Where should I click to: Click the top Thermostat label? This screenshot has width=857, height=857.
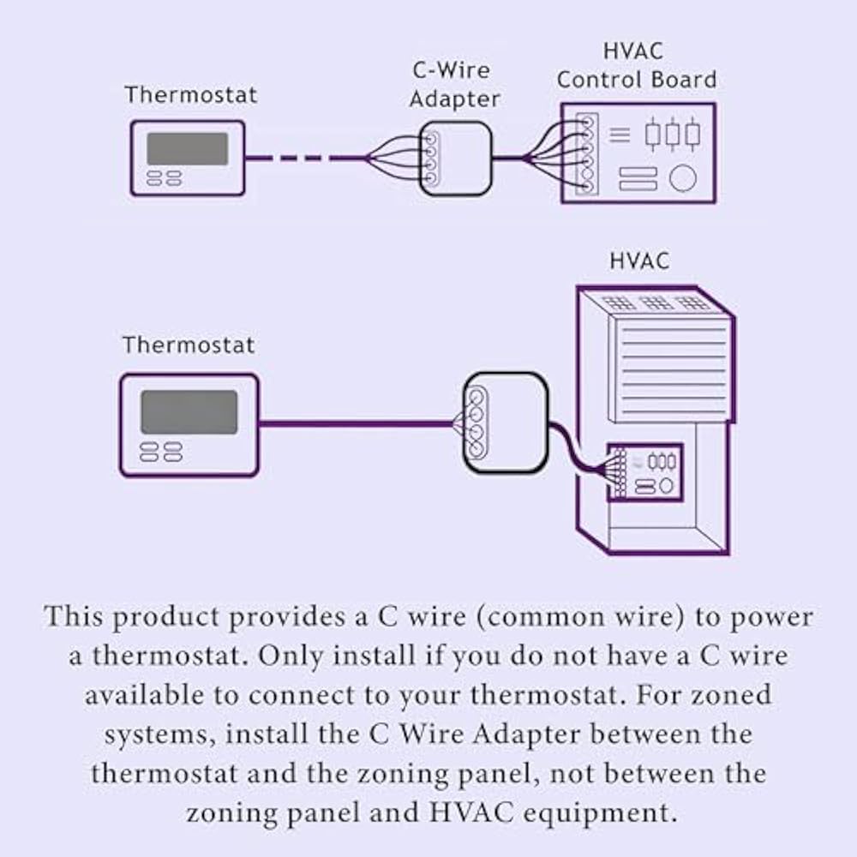tap(190, 94)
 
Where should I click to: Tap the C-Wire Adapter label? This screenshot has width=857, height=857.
tap(454, 84)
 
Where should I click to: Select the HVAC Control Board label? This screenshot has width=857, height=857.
tap(636, 65)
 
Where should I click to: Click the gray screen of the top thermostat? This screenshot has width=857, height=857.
tap(187, 148)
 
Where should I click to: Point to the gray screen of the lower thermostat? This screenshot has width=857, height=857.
tap(189, 412)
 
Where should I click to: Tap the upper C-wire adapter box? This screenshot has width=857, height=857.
tap(456, 159)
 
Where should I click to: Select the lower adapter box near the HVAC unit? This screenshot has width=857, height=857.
tap(506, 422)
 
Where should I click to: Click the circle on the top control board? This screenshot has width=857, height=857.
tap(683, 178)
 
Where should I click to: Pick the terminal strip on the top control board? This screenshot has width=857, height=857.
tap(585, 154)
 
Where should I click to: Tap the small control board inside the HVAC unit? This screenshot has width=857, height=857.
tap(644, 472)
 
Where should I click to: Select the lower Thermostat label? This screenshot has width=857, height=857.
tap(189, 345)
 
